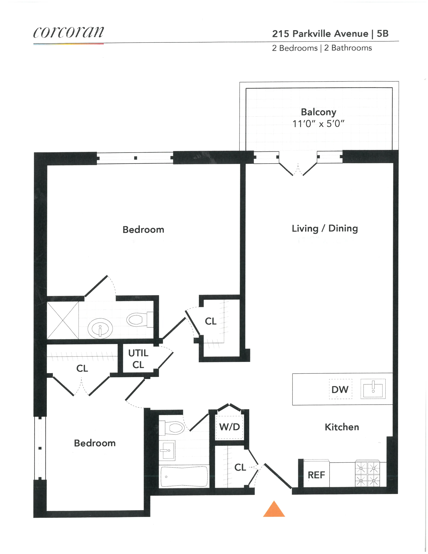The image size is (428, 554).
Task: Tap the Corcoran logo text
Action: [68, 32]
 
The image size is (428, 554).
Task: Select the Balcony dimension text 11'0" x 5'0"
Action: [318, 124]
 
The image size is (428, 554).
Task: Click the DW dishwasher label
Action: [340, 389]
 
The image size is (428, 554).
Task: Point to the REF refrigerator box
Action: [316, 475]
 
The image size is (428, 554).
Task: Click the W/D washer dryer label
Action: [229, 427]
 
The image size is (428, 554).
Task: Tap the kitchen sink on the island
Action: [373, 389]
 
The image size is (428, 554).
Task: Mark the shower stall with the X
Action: [63, 320]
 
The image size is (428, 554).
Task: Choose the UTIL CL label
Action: [138, 359]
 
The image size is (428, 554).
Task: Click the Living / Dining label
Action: [325, 228]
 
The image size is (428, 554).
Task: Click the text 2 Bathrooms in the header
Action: [348, 48]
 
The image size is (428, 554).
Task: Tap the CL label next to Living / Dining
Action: [210, 321]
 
